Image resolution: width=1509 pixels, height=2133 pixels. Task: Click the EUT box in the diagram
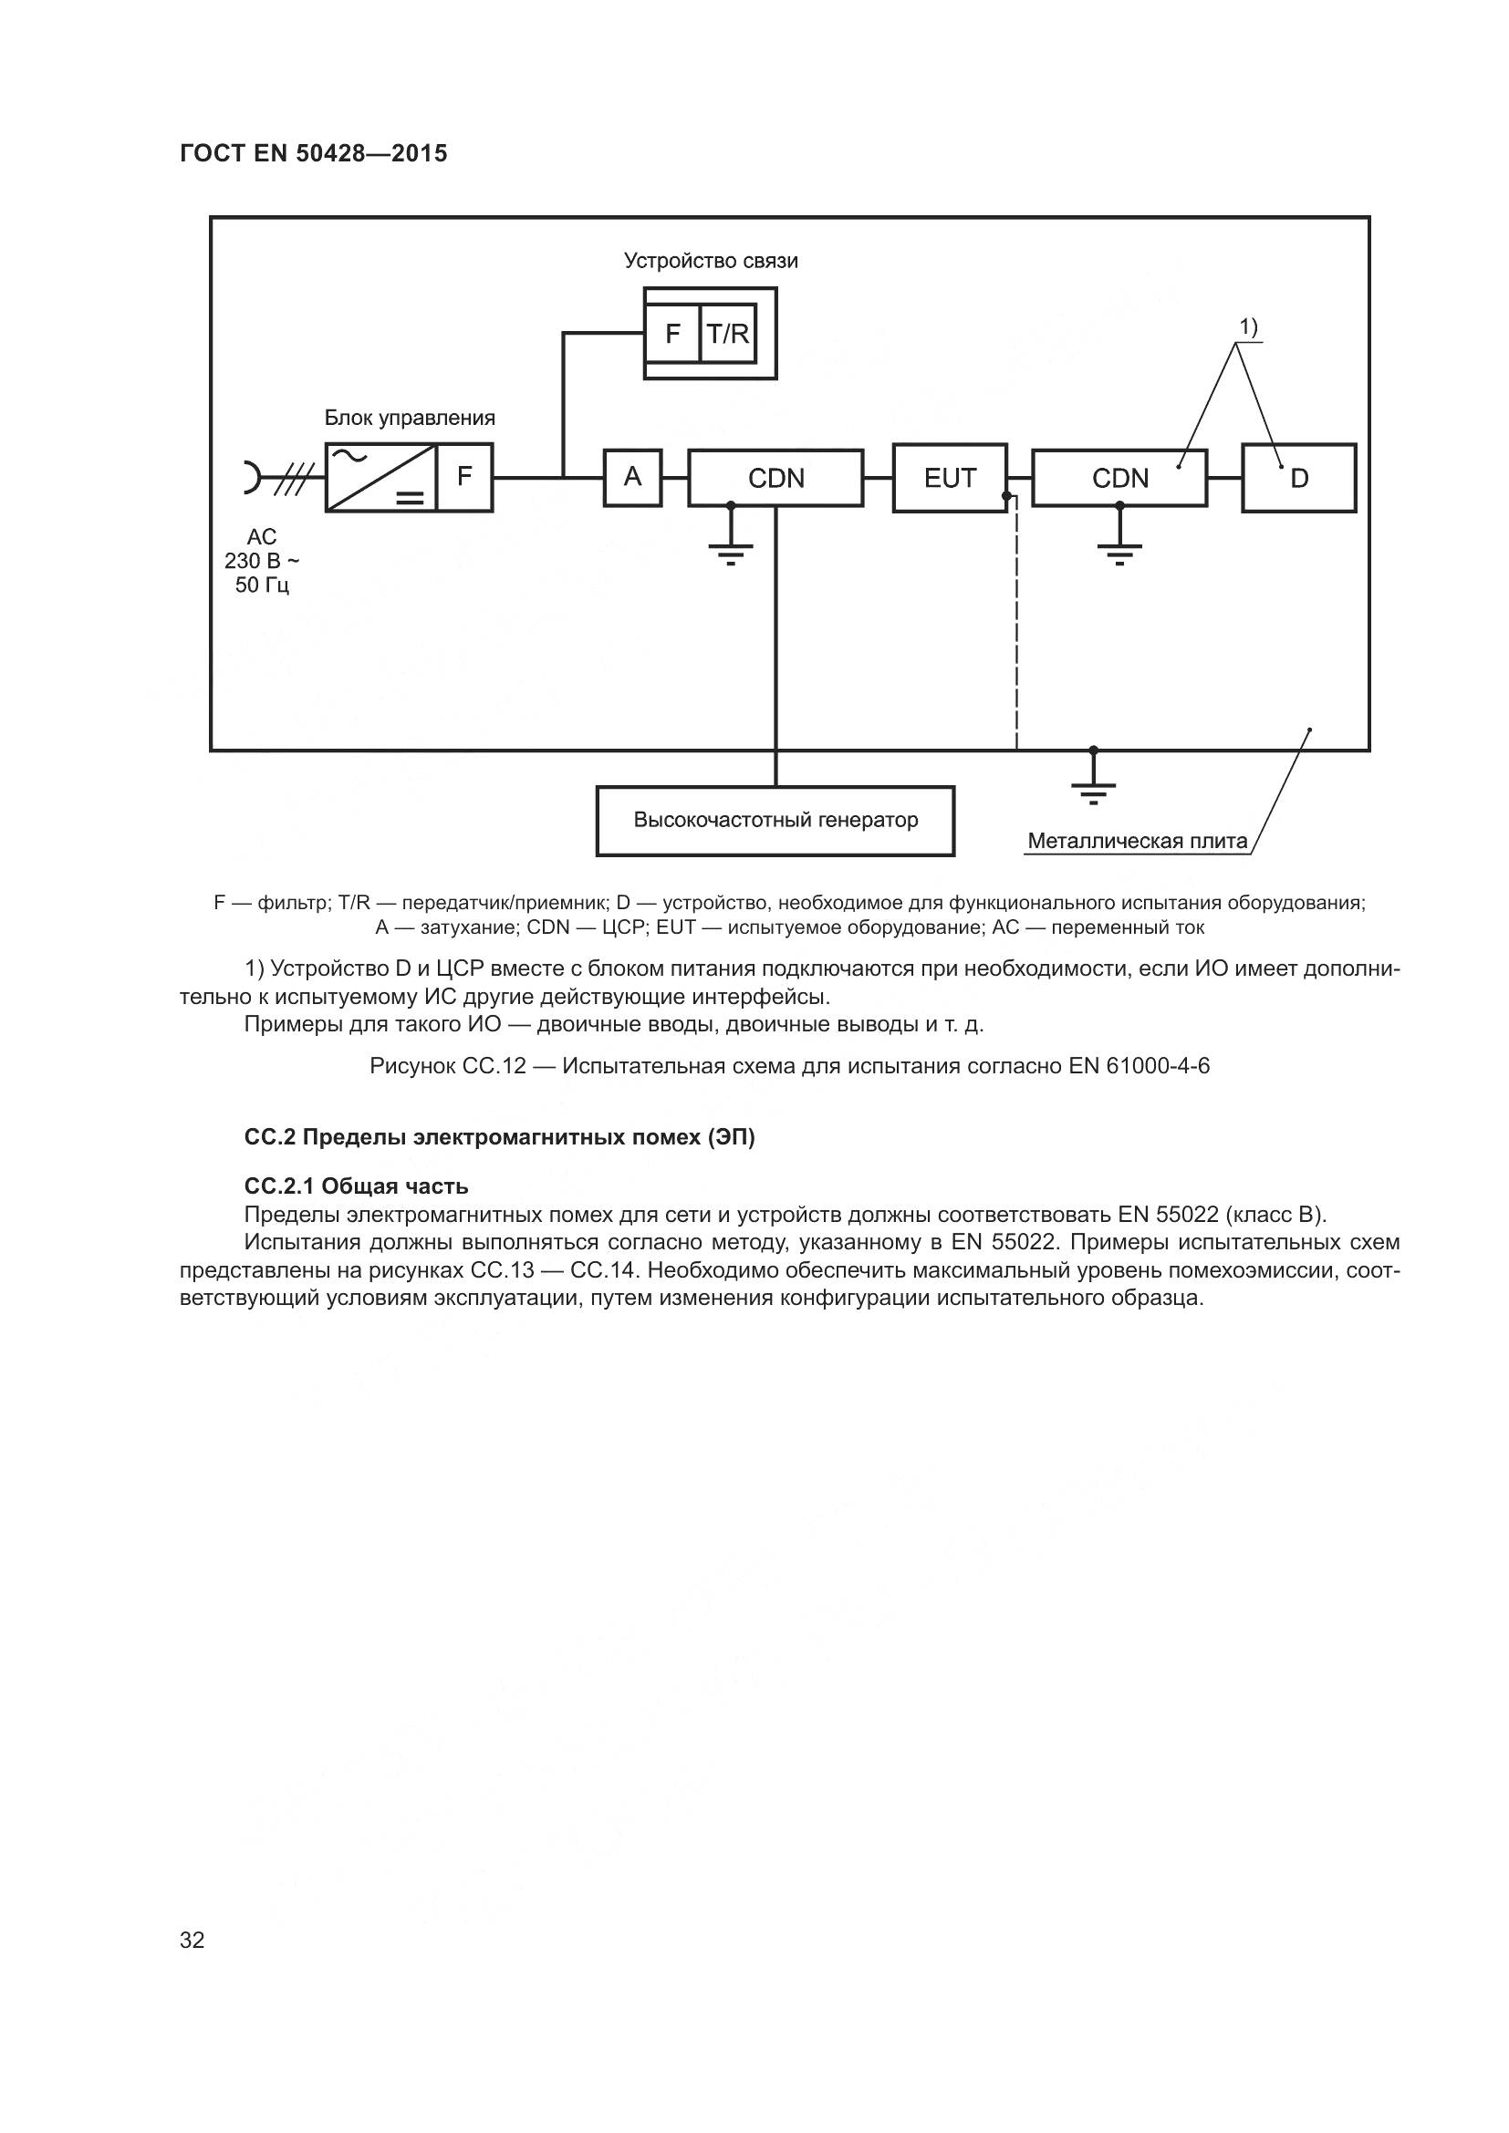(x=950, y=478)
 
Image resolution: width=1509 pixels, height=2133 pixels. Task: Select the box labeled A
(x=633, y=478)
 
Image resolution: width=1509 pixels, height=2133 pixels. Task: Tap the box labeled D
(x=1299, y=478)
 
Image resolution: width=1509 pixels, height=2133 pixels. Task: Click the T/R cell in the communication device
(x=727, y=333)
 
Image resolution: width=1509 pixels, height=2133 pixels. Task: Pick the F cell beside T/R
(x=672, y=333)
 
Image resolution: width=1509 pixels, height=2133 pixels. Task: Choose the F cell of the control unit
(x=464, y=477)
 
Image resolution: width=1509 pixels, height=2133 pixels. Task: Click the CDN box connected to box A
(x=775, y=478)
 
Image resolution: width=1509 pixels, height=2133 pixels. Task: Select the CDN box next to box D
(x=1119, y=478)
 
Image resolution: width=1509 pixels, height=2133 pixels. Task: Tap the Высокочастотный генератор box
(x=775, y=821)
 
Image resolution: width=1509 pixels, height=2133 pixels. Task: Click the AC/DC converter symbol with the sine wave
(x=381, y=477)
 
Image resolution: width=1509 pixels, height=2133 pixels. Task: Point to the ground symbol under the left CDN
(x=732, y=554)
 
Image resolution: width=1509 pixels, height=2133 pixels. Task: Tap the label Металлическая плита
(x=1138, y=841)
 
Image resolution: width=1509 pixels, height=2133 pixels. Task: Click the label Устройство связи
(x=711, y=261)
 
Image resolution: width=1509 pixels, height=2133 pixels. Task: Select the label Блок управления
(x=410, y=418)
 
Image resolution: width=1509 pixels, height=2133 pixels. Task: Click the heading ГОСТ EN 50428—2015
(x=313, y=153)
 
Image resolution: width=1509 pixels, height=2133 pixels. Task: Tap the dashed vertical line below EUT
(x=1016, y=624)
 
